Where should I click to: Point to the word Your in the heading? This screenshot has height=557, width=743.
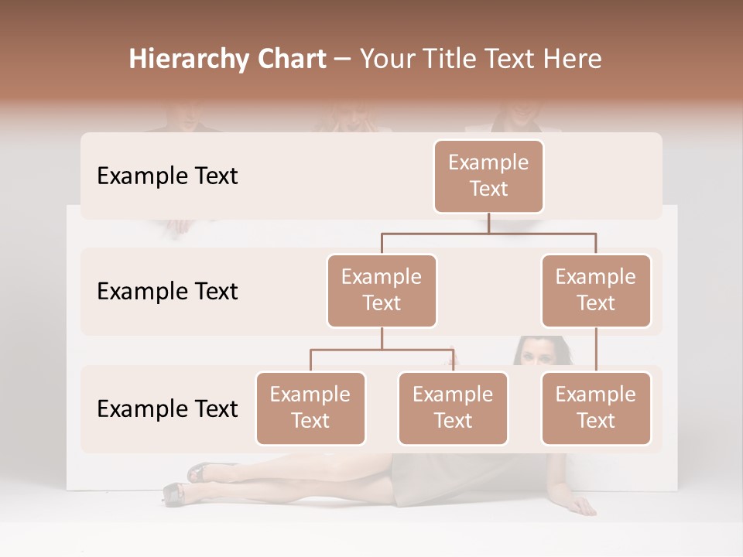pos(386,60)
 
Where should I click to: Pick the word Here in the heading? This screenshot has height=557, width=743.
pos(573,60)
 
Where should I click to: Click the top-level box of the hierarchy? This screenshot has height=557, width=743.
pos(488,176)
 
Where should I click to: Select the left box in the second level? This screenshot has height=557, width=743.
pos(382,290)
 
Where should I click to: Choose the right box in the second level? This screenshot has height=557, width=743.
pos(596,290)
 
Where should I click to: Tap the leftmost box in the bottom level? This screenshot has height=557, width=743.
pos(310,408)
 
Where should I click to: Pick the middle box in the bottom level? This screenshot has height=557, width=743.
pos(453,408)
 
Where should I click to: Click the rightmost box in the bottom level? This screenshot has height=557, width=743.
pos(596,408)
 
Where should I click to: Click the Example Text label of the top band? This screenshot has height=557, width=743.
pos(167,176)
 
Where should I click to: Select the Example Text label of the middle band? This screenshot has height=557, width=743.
pos(167,292)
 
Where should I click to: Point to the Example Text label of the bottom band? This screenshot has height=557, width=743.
pos(167,409)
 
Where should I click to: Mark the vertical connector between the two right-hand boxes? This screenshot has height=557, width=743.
pos(596,350)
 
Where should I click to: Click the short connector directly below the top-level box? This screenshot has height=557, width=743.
pos(488,223)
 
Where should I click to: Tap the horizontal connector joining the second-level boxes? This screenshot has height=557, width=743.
pos(488,233)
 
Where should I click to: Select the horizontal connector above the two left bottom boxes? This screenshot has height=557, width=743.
pos(382,350)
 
